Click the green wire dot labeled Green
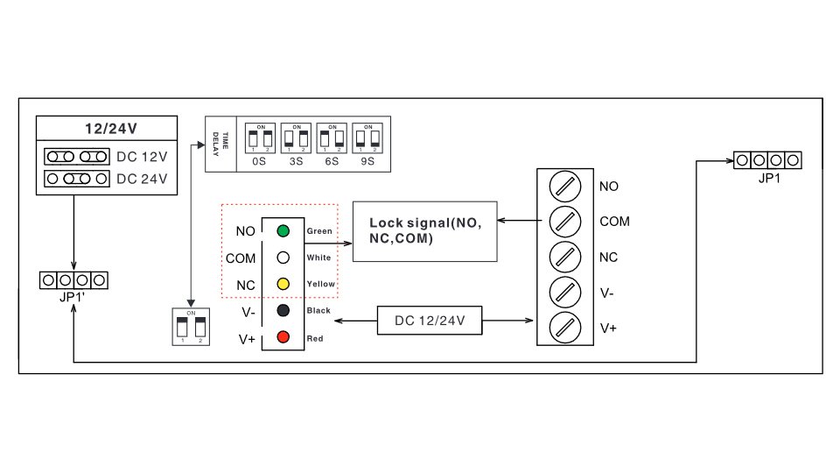point(283,231)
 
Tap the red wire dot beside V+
point(283,337)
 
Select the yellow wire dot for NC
point(283,285)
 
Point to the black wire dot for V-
point(283,310)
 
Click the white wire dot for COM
point(283,258)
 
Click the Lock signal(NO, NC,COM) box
point(424,230)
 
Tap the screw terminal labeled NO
point(565,186)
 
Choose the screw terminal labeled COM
point(565,222)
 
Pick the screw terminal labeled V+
point(565,328)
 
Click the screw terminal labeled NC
point(565,258)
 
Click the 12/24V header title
point(111,129)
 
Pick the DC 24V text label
point(142,179)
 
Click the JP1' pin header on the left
point(73,280)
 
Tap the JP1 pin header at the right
point(767,160)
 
